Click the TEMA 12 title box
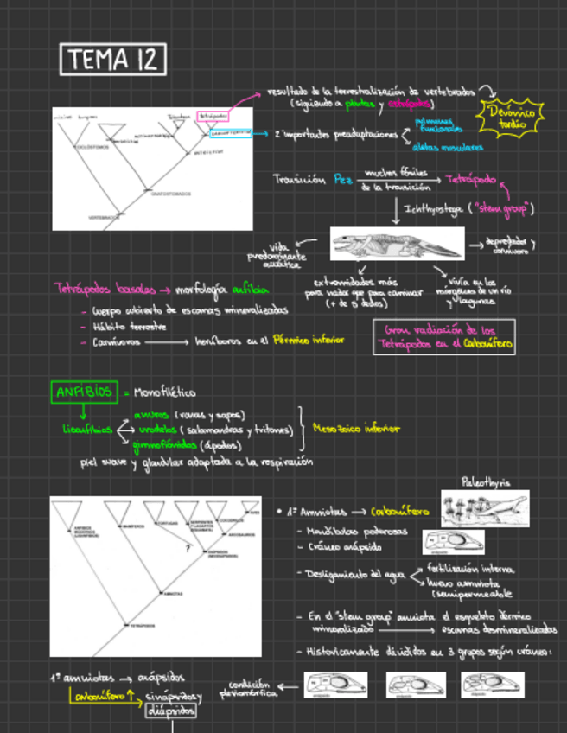pos(113,60)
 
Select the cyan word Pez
pos(343,180)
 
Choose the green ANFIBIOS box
pos(85,392)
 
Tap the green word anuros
pos(151,414)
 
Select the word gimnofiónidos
pos(165,446)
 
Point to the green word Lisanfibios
pos(86,430)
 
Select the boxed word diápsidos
pos(170,712)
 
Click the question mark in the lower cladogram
pos(187,547)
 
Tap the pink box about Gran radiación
pos(443,336)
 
